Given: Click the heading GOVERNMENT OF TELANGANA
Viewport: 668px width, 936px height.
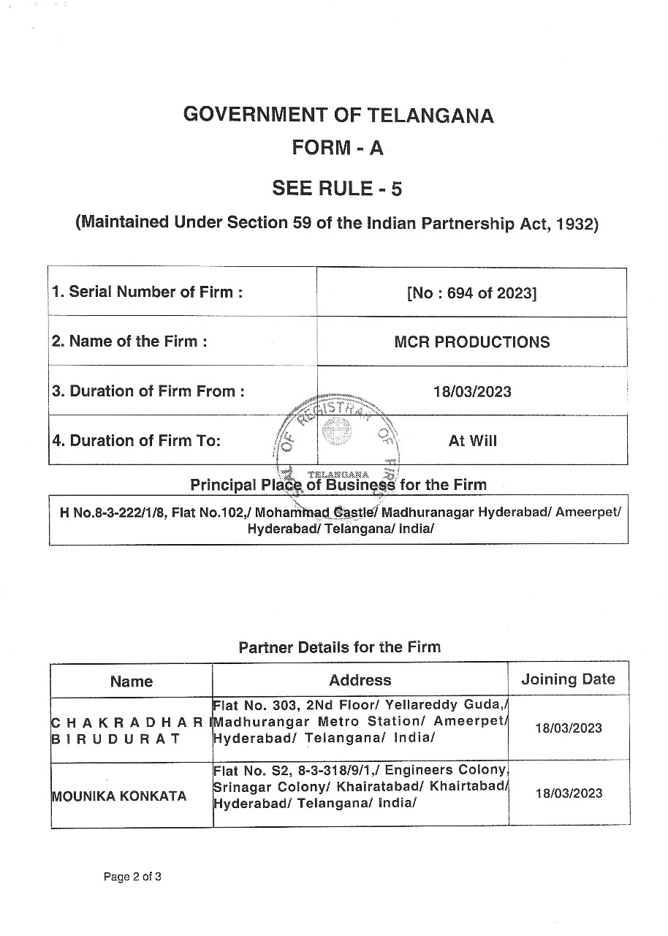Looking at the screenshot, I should (338, 115).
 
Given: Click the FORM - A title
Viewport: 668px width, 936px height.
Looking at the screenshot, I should (337, 148).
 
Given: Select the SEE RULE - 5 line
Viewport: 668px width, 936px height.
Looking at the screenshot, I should (337, 189).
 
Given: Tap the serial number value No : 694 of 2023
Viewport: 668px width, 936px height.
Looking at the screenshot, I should (471, 293).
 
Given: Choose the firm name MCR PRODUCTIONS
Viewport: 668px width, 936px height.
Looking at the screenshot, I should (471, 342).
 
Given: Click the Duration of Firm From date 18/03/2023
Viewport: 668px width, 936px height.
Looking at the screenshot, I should (471, 391).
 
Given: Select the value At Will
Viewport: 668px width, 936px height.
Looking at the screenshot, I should (472, 441).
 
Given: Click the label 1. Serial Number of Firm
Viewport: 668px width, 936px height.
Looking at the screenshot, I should (147, 292).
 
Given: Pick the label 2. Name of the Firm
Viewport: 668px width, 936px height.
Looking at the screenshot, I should (129, 341).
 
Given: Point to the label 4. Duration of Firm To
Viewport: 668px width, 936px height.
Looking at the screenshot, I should (136, 440).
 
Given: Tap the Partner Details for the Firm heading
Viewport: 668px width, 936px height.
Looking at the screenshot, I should (340, 647).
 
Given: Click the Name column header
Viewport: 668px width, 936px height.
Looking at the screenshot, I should (132, 682).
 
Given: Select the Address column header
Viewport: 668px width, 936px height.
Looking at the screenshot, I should (360, 680).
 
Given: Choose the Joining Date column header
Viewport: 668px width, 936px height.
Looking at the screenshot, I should (568, 679).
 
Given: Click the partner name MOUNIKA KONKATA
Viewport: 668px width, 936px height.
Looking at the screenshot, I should (118, 796).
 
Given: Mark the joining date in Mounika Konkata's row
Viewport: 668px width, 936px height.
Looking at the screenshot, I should (569, 793).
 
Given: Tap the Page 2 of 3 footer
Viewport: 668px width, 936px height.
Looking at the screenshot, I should (132, 877).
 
